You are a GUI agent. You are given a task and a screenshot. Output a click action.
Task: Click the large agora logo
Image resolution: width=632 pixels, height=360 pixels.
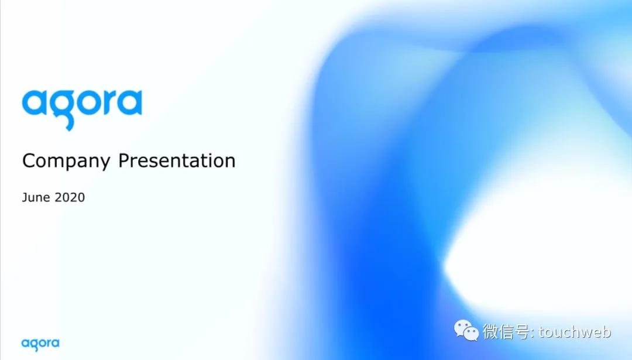click(x=82, y=109)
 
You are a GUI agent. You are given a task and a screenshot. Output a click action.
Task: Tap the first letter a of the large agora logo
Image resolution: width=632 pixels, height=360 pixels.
click(x=35, y=104)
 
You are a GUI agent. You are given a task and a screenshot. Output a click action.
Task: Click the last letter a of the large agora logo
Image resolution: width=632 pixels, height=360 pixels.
click(x=130, y=104)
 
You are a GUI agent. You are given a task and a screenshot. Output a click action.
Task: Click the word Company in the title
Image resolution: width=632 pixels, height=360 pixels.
click(x=66, y=161)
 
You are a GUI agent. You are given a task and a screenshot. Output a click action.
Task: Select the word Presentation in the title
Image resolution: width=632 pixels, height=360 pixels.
click(x=177, y=160)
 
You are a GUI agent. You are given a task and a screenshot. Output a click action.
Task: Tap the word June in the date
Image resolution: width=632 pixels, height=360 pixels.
click(x=36, y=197)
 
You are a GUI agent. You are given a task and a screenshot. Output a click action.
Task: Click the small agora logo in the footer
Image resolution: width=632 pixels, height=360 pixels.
click(x=40, y=345)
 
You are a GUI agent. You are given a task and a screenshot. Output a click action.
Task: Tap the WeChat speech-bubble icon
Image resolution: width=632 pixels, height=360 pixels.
click(x=466, y=331)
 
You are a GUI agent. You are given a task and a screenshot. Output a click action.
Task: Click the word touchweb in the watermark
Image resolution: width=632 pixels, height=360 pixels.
click(x=575, y=332)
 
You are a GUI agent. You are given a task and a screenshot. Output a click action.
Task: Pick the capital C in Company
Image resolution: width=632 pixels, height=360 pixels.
click(x=29, y=160)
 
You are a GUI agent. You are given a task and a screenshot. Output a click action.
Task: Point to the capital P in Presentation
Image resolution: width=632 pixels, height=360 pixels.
click(x=124, y=160)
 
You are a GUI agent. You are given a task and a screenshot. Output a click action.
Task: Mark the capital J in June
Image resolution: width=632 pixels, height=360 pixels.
click(x=25, y=197)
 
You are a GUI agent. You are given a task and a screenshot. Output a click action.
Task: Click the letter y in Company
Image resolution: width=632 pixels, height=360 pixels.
click(x=104, y=164)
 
